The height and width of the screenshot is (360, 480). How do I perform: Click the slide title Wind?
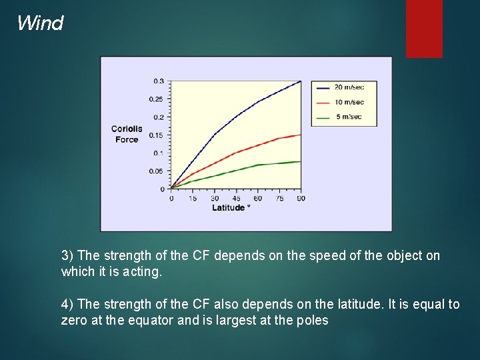point(40,23)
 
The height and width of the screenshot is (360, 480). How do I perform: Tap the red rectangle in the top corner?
point(424,28)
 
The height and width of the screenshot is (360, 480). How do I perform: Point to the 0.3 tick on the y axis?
point(159,81)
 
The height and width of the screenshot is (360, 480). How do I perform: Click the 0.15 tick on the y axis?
point(156,135)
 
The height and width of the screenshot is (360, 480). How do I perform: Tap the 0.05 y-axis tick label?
point(156,171)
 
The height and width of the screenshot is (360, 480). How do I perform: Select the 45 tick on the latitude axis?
point(236,198)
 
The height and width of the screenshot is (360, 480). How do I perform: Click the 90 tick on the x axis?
point(301,198)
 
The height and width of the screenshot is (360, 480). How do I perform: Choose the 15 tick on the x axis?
point(193,198)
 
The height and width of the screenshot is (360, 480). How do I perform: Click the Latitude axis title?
point(231,208)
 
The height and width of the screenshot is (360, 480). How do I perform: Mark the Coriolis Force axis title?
point(126,134)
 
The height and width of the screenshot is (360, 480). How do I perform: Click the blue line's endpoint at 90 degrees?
point(301,81)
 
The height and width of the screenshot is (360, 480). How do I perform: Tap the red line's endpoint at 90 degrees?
point(301,135)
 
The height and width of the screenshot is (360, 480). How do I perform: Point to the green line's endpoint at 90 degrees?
point(301,161)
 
